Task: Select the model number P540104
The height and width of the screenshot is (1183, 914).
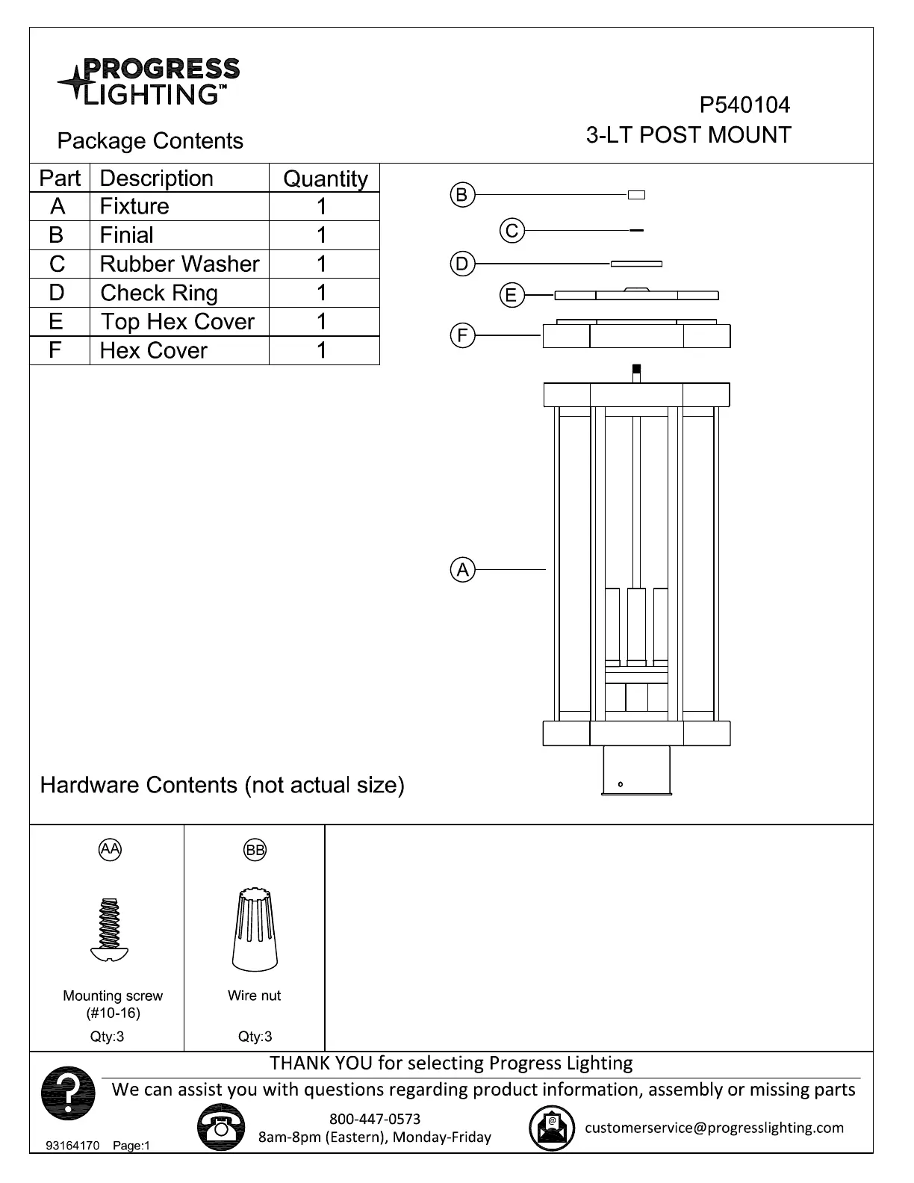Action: [744, 105]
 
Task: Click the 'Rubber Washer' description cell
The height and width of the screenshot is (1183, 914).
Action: [179, 264]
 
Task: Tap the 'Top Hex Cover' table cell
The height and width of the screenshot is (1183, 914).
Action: [178, 322]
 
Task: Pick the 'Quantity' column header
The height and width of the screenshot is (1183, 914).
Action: [325, 179]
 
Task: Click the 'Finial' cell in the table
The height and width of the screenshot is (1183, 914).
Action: [127, 235]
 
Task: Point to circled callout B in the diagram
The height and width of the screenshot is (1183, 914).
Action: [462, 196]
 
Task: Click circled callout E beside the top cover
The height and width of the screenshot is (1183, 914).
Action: [511, 296]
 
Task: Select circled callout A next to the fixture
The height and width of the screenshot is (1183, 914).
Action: [463, 571]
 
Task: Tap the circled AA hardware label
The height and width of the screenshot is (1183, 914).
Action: [110, 849]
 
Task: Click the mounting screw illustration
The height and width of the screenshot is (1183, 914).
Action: [109, 929]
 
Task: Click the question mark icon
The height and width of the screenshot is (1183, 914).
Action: [68, 1094]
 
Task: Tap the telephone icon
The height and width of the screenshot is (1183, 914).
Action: [221, 1128]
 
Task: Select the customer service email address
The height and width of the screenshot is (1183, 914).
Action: [714, 1128]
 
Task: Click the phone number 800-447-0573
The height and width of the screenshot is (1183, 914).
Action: [375, 1119]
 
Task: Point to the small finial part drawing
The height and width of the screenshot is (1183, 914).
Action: [637, 196]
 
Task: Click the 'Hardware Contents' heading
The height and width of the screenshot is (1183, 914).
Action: [222, 786]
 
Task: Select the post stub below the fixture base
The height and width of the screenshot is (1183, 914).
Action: [636, 771]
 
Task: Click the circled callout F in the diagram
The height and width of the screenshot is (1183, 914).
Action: [462, 336]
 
